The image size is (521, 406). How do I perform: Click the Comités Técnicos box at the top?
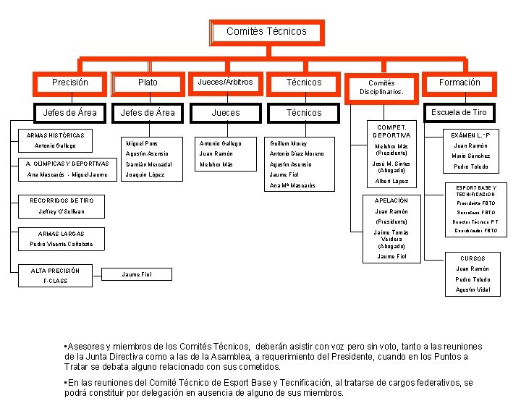coord(266,32)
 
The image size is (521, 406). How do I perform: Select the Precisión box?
coord(70,83)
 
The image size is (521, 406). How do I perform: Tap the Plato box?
coord(148,83)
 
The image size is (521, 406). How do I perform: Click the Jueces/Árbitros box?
coord(225,83)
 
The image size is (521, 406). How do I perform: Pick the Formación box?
coord(459,83)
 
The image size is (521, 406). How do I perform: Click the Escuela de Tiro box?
coord(459,112)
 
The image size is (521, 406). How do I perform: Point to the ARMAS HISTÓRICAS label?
coord(55,135)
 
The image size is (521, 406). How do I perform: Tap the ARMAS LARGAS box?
coord(61,233)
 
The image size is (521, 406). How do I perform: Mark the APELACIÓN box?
coord(391,200)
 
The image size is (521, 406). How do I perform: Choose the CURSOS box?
coord(473,258)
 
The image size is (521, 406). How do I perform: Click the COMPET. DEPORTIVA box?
coord(391,131)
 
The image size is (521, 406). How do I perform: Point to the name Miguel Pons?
coord(142,143)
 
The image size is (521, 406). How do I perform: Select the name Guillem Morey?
coord(288,143)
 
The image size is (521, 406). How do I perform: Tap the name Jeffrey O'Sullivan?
coord(62,211)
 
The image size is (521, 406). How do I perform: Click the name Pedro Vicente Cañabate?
coord(61,244)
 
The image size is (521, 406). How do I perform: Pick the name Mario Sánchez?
coord(470,156)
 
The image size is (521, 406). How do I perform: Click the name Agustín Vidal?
coord(473,289)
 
